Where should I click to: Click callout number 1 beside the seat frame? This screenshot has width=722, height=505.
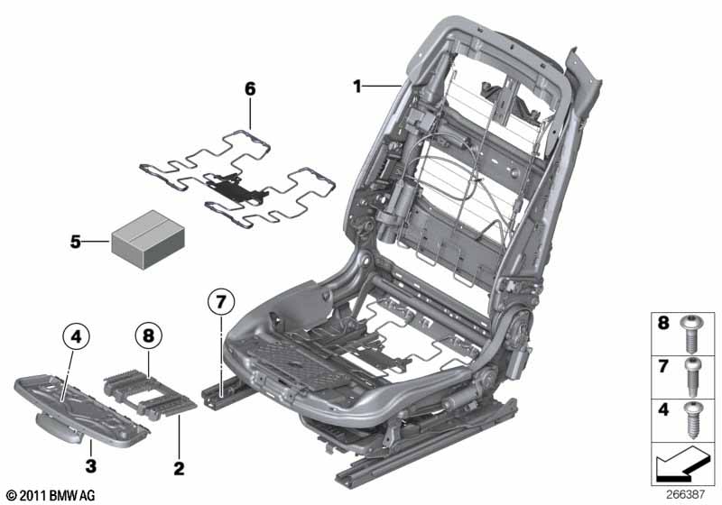(x=356, y=86)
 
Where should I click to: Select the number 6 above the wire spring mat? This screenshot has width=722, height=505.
(x=250, y=88)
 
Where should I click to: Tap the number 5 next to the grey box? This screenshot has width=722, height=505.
(x=75, y=242)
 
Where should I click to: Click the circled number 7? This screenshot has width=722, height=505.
(x=221, y=302)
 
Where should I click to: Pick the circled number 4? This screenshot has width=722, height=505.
(x=76, y=336)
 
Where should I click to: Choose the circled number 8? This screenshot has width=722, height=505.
(x=148, y=335)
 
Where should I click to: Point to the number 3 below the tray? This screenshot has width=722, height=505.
(x=91, y=465)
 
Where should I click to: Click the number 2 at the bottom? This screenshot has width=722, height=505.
(x=179, y=468)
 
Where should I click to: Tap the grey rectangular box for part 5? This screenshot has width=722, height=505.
(x=148, y=239)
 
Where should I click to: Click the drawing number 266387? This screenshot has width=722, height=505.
(x=685, y=494)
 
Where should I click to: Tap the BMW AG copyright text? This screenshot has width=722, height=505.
(x=51, y=495)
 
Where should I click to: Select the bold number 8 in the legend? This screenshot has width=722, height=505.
(x=663, y=323)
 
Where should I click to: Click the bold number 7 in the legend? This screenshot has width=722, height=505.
(x=663, y=366)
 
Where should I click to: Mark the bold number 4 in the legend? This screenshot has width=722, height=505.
(x=663, y=409)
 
